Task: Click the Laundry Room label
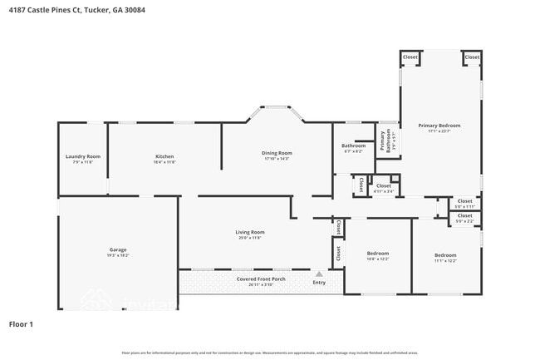coord(83,156)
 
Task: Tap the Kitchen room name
coord(164,156)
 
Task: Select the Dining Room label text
coord(277,153)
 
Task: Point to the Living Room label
coord(250,232)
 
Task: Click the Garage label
coord(118,249)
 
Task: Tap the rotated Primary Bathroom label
coord(384,141)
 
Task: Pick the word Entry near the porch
coord(319,283)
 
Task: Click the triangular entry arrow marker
coord(318,273)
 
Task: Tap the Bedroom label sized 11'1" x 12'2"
coord(444,254)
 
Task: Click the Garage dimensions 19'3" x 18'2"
coord(118,254)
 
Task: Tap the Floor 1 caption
coord(20,323)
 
